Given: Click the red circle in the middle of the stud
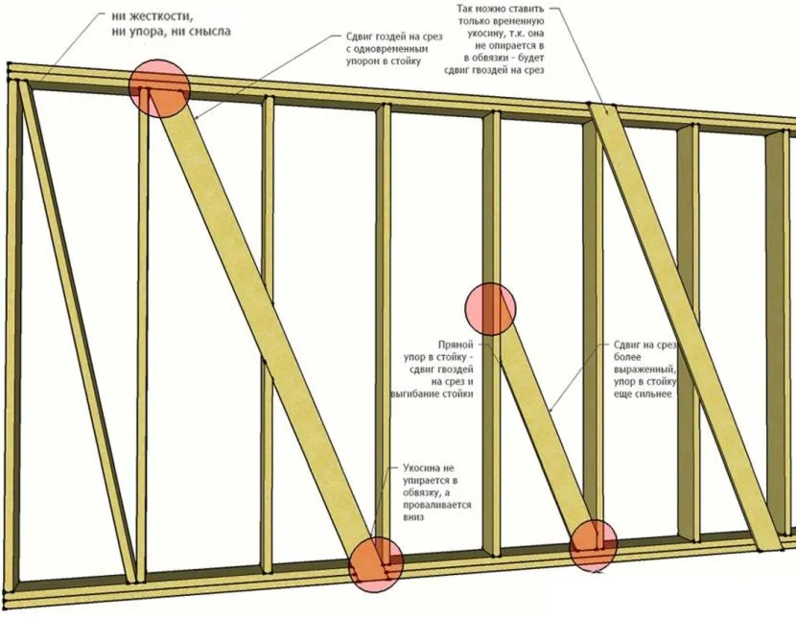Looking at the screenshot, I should [490, 308].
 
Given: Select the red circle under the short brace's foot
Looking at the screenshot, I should [595, 545].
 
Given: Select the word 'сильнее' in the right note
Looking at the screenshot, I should [654, 393].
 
